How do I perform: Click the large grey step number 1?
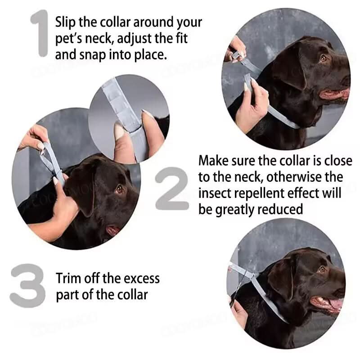41,34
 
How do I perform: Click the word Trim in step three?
68,278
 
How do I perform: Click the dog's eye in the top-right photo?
323,58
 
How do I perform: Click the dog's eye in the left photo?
119,189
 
